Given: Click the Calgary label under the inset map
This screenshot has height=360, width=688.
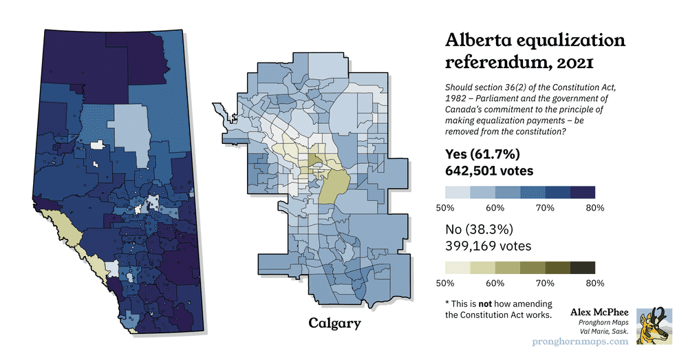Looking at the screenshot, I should (334, 323).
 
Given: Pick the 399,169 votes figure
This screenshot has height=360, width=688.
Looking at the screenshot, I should (488, 245).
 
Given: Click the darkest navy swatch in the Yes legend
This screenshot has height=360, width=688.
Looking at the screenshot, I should (583, 192).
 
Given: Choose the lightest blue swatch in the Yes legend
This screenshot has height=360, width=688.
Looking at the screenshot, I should (458, 192).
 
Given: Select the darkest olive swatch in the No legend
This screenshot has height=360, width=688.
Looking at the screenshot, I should (583, 267).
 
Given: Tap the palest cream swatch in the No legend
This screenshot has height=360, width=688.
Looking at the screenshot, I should (458, 267).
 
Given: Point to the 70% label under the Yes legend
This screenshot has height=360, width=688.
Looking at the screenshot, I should (545, 208).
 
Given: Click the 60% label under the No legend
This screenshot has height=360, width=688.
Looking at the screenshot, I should (495, 283).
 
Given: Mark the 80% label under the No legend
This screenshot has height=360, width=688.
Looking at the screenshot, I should (595, 283).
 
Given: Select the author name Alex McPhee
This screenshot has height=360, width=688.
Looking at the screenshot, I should (599, 312).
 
